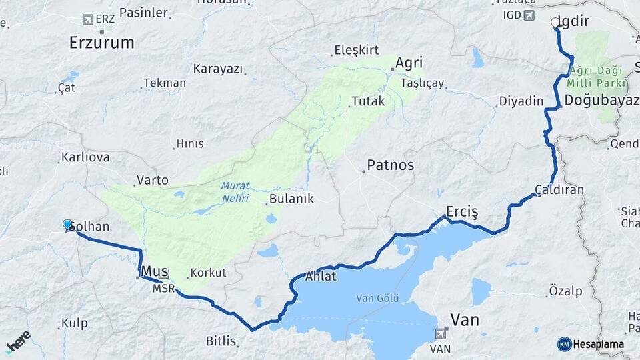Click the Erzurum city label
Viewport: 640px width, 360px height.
[101, 43]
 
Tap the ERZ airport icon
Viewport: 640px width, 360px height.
[87, 20]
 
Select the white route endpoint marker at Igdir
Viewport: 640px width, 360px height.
[555, 23]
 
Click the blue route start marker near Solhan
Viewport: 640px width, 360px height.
[67, 224]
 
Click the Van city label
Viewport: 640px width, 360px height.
[465, 320]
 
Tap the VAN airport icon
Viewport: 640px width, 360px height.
[441, 333]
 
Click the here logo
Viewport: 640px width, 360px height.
[18, 341]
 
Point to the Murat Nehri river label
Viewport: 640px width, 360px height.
[234, 193]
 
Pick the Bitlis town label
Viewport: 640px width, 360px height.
[221, 341]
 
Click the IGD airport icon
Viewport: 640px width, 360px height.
[529, 15]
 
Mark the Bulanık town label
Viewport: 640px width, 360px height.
[289, 199]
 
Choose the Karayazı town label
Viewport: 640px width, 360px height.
[219, 69]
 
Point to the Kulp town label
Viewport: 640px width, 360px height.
[74, 323]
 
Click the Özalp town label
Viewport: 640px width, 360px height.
[565, 291]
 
